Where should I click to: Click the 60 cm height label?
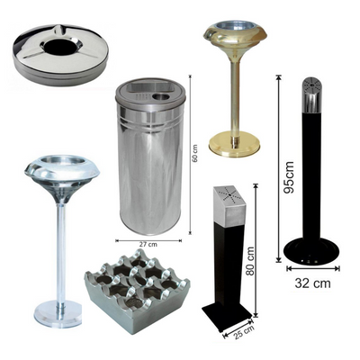[195, 154]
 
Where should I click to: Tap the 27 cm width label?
[148, 244]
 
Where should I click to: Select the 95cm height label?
[289, 177]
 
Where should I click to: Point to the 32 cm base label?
[312, 283]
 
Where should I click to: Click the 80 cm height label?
[249, 261]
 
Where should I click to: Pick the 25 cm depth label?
[242, 332]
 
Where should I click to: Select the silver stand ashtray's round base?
[58, 314]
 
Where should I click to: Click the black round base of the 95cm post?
[311, 252]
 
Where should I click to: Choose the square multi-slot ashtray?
[137, 290]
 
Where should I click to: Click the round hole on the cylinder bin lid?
[162, 97]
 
